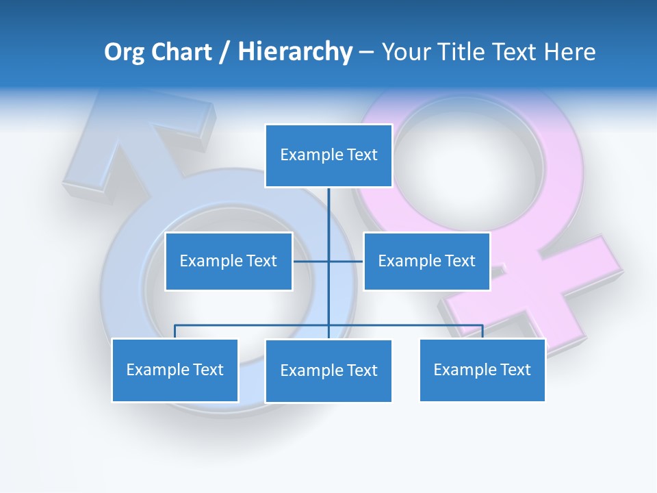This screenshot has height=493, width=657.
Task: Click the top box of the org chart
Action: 328,155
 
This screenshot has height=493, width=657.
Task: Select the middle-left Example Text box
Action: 229,261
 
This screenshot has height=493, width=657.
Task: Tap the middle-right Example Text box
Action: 426,261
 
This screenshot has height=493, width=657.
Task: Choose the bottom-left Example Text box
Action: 175,370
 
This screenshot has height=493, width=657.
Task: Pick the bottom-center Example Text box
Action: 328,371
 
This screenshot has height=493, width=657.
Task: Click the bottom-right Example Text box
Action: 482,370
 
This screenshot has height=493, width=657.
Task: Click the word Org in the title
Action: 124,52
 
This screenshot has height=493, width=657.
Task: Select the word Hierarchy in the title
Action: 295,52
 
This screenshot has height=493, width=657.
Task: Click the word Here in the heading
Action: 569,52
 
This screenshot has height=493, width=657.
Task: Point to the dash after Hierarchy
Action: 366,53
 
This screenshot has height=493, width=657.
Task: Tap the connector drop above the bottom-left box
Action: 175,331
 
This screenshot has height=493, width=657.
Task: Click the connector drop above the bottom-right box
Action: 482,331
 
